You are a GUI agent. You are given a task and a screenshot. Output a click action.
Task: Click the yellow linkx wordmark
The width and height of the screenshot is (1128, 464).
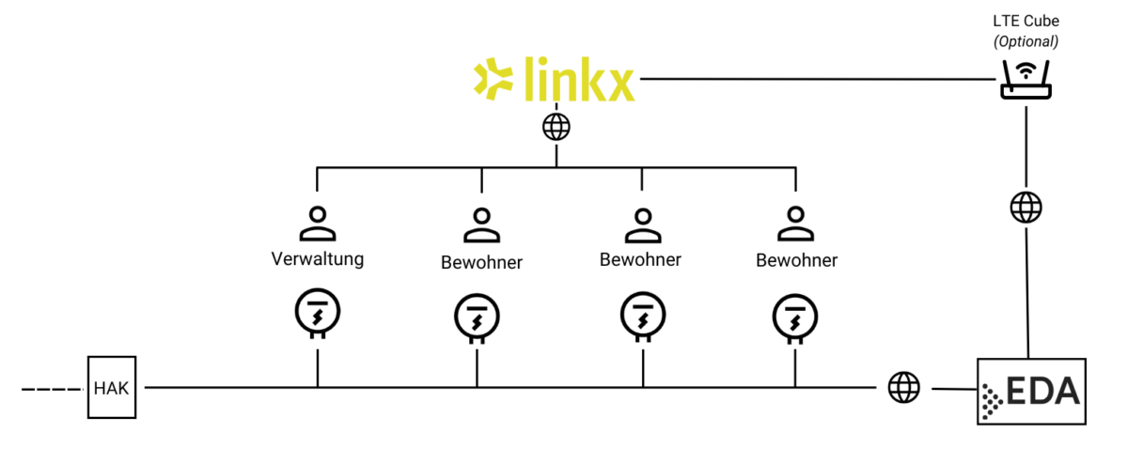[x=578, y=79]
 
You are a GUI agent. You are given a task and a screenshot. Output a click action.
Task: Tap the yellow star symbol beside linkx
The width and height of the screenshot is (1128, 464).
[x=492, y=79]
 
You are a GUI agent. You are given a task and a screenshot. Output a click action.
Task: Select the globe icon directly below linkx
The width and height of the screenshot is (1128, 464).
[x=556, y=126]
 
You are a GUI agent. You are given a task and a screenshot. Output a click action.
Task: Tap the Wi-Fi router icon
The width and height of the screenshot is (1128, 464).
[x=1024, y=80]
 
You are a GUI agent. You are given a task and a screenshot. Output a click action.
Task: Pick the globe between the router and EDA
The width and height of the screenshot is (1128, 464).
[x=1025, y=207]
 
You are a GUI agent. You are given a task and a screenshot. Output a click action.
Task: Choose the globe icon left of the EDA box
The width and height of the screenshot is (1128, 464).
[x=903, y=386]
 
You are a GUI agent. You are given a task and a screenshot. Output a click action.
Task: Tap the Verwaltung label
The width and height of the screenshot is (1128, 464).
[x=317, y=257]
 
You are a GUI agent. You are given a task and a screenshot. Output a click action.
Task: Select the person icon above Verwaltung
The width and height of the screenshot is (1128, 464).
[x=317, y=224]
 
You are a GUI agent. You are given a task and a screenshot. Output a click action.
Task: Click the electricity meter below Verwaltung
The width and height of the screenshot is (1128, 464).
[x=317, y=314]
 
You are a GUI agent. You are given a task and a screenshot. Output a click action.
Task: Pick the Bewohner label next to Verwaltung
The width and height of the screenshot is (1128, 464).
[x=481, y=262]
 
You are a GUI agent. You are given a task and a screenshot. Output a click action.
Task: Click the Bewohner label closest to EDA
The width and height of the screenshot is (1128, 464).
[x=796, y=260]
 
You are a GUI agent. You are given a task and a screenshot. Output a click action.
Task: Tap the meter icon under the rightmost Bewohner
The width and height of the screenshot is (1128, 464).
[x=794, y=318]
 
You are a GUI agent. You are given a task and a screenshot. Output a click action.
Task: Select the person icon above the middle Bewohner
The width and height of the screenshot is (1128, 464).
[x=641, y=224]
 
